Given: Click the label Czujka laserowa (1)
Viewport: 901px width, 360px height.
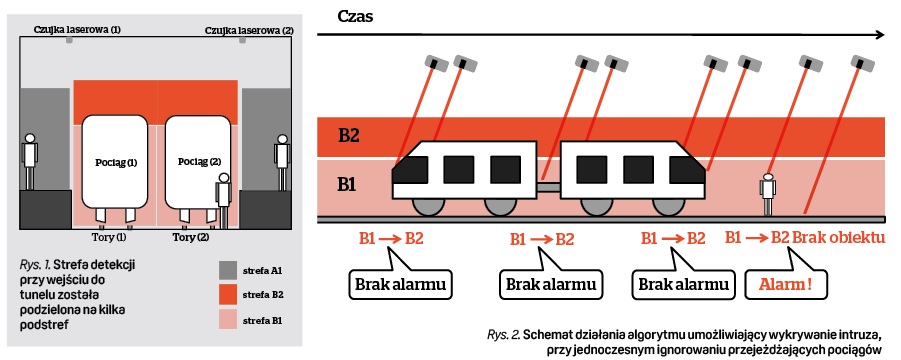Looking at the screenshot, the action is pyautogui.click(x=78, y=29).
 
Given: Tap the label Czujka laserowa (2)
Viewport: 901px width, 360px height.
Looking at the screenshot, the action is pyautogui.click(x=249, y=30).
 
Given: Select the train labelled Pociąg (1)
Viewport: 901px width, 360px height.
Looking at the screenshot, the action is pyautogui.click(x=115, y=162).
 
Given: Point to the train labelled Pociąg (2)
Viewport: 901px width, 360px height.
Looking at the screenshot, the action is pyautogui.click(x=199, y=162).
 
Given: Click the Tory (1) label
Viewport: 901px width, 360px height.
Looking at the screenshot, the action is pyautogui.click(x=105, y=237).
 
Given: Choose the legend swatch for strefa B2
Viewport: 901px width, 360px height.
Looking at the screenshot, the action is pyautogui.click(x=229, y=295).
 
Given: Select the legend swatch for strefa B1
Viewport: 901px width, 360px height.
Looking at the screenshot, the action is pyautogui.click(x=229, y=320).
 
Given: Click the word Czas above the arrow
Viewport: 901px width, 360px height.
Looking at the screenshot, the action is pyautogui.click(x=356, y=16).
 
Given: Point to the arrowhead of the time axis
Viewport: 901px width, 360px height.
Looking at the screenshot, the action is pyautogui.click(x=880, y=36).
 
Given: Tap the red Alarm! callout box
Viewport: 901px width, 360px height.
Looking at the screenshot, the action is pyautogui.click(x=787, y=284).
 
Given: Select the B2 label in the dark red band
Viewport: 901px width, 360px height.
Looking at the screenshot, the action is pyautogui.click(x=349, y=136).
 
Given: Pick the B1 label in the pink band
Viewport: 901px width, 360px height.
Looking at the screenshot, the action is pyautogui.click(x=348, y=185).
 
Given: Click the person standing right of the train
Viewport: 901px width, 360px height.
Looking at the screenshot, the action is pyautogui.click(x=767, y=194).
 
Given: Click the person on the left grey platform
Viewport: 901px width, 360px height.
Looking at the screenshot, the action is pyautogui.click(x=30, y=162).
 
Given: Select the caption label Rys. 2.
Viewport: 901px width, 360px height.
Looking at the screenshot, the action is pyautogui.click(x=503, y=334).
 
